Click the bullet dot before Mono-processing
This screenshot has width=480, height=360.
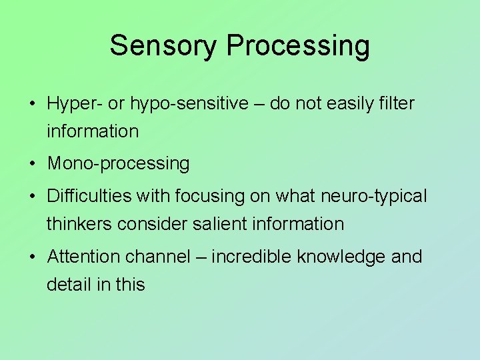pos(31,164)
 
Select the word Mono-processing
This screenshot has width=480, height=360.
pos(118,163)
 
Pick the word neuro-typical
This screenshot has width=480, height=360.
pos(375,197)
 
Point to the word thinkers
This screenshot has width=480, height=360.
pos(79,224)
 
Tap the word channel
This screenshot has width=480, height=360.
pos(159,257)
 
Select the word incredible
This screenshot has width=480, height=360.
pos(251,257)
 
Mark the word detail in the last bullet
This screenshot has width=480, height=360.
pos(69,284)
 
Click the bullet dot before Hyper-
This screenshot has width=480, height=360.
pos(31,105)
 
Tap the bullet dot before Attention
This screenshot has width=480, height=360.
pos(31,257)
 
